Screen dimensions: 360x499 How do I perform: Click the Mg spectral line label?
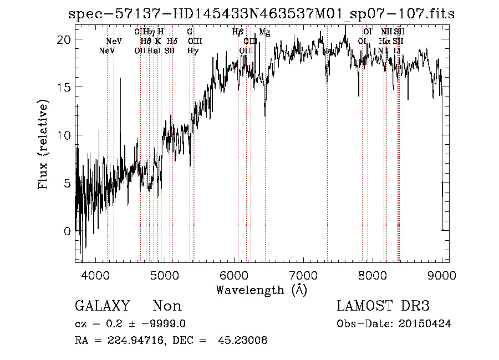coord(264,32)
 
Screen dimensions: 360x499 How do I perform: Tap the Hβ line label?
coord(237,32)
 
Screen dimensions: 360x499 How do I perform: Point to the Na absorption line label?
coord(327,51)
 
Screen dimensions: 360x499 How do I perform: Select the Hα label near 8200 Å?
coord(384,41)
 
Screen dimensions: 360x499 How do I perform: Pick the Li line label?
coord(397,51)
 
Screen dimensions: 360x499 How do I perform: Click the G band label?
coord(190,32)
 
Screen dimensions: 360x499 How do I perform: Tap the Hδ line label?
coord(172,41)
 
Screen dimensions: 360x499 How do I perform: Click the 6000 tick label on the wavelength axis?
coord(235,275)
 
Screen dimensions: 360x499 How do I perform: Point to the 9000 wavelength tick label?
coord(442,275)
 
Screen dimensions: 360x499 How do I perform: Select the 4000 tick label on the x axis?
coord(98,275)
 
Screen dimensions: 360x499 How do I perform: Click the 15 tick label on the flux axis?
coord(64,88)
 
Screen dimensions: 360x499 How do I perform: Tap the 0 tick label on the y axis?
coord(67,231)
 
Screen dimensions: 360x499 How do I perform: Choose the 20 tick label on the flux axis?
coord(64,40)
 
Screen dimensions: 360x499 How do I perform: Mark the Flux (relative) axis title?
coord(44,144)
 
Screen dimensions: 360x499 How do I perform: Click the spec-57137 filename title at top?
coord(261,14)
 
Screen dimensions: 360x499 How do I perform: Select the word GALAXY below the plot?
coord(103,306)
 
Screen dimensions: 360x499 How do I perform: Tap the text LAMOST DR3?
coord(383,306)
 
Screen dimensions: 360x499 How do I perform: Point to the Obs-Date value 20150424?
coord(425,324)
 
